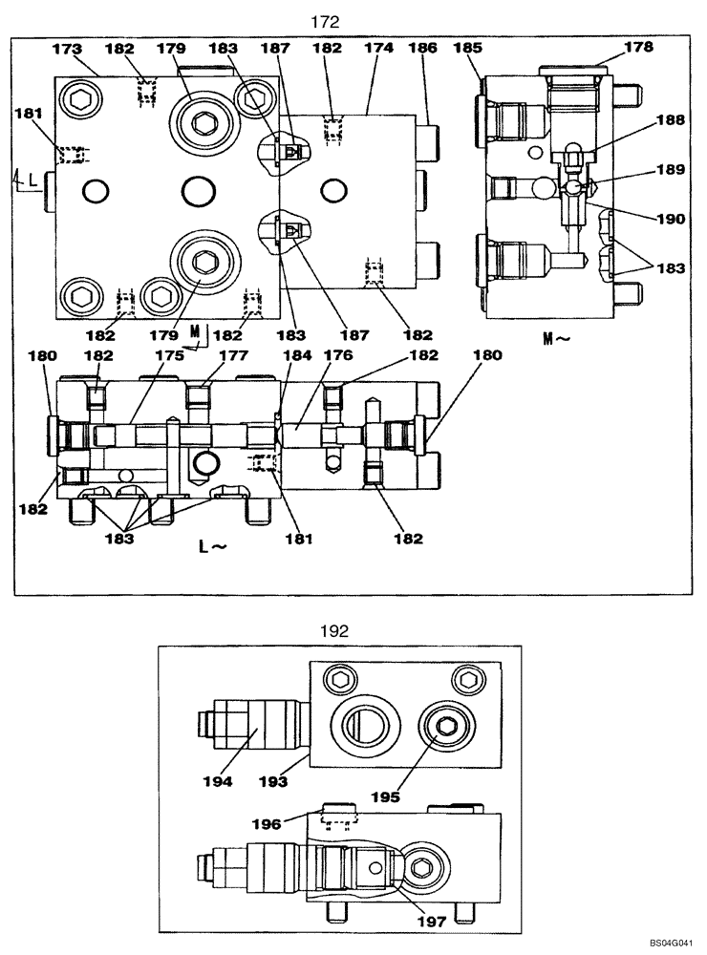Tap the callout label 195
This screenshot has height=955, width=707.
click(x=389, y=796)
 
